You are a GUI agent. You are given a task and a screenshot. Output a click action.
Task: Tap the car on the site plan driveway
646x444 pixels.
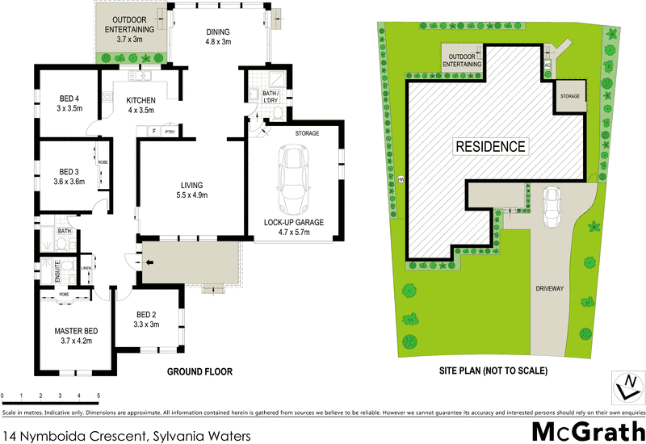(552, 207)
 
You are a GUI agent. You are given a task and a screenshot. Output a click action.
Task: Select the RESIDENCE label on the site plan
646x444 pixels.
(491, 147)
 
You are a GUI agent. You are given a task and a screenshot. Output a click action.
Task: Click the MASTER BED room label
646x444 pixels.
(76, 331)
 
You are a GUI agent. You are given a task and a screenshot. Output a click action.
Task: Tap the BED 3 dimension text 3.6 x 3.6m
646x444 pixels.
(70, 182)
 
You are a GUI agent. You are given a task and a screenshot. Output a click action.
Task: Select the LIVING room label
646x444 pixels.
(191, 184)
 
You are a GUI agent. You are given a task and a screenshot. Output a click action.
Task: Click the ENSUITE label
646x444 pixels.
(58, 270)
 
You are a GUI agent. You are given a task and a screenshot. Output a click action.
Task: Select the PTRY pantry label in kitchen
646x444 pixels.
(170, 131)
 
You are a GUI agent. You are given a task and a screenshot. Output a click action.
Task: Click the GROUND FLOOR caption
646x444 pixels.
(199, 372)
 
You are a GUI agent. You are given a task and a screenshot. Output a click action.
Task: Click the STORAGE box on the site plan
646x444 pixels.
(571, 97)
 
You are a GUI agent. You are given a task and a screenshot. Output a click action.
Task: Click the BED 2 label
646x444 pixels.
(146, 314)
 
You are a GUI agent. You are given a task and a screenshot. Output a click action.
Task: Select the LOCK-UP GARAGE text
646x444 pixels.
(292, 222)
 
